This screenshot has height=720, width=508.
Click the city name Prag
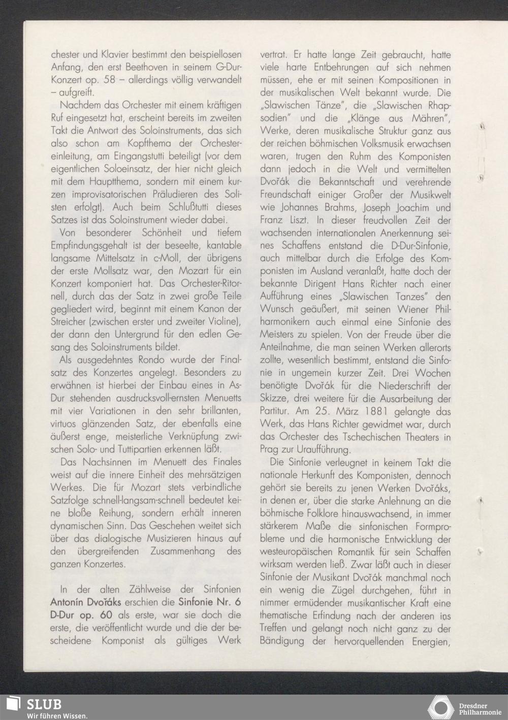[270, 450]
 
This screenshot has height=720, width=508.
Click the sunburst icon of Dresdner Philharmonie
[439, 708]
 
